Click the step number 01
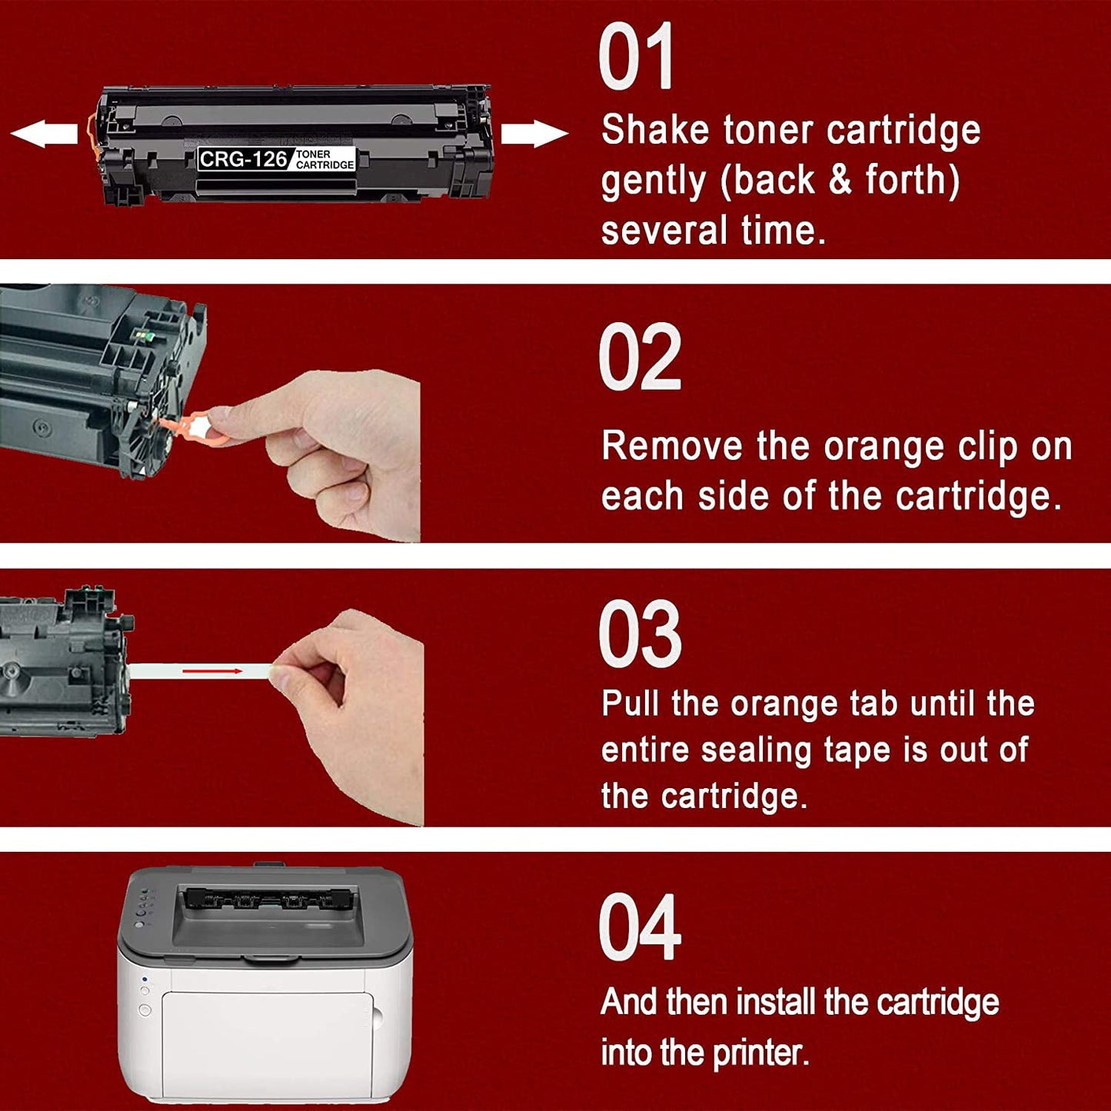[636, 58]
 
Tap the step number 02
[639, 357]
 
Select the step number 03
[639, 635]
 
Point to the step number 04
[639, 927]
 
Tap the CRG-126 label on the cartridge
[243, 159]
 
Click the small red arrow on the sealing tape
[212, 671]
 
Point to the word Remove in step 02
[670, 446]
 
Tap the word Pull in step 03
[628, 704]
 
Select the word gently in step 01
[653, 181]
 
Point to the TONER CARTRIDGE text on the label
[324, 160]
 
